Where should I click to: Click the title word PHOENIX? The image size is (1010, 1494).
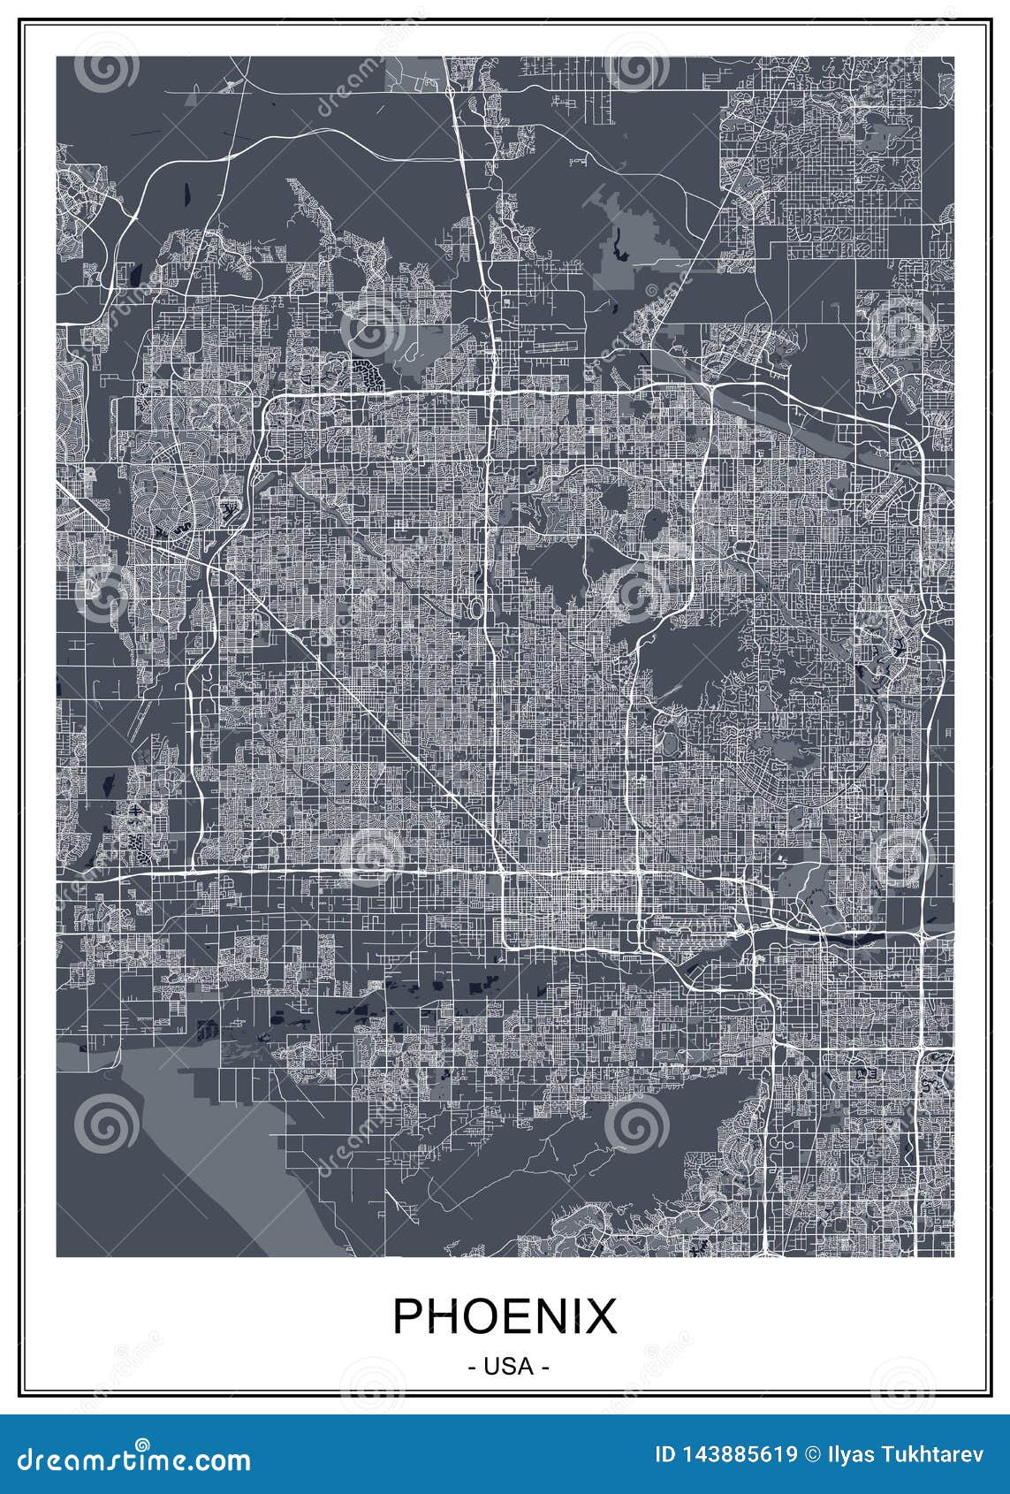point(505,1316)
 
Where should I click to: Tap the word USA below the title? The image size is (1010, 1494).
point(505,1366)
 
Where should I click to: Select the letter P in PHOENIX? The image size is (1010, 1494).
point(407,1316)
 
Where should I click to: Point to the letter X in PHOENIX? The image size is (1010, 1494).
point(600,1316)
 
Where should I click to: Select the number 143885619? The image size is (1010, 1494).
point(740,1454)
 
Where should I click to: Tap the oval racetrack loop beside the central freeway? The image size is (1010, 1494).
point(476,608)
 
